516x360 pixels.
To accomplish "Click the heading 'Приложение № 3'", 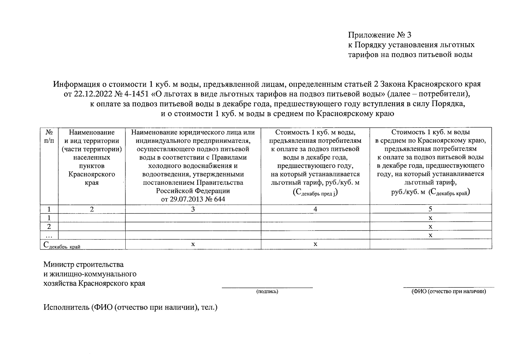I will point(379,35).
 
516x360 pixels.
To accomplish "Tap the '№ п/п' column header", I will point(49,136).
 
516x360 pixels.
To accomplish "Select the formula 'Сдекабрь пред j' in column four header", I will point(315,193).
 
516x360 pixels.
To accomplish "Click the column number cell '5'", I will point(430,209).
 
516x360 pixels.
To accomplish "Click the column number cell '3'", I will point(193,209).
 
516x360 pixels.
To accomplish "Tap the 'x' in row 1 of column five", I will point(430,218).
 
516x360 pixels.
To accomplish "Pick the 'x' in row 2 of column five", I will point(430,226).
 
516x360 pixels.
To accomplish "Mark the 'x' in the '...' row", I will point(430,235).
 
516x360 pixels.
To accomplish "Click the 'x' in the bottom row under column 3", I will point(193,244).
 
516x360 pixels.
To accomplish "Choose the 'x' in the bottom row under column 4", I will point(315,244).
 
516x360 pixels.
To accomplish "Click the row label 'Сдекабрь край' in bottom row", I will point(62,245).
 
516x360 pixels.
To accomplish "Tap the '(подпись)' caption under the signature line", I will point(267,291).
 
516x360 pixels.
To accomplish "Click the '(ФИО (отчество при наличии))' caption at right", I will point(449,291).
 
